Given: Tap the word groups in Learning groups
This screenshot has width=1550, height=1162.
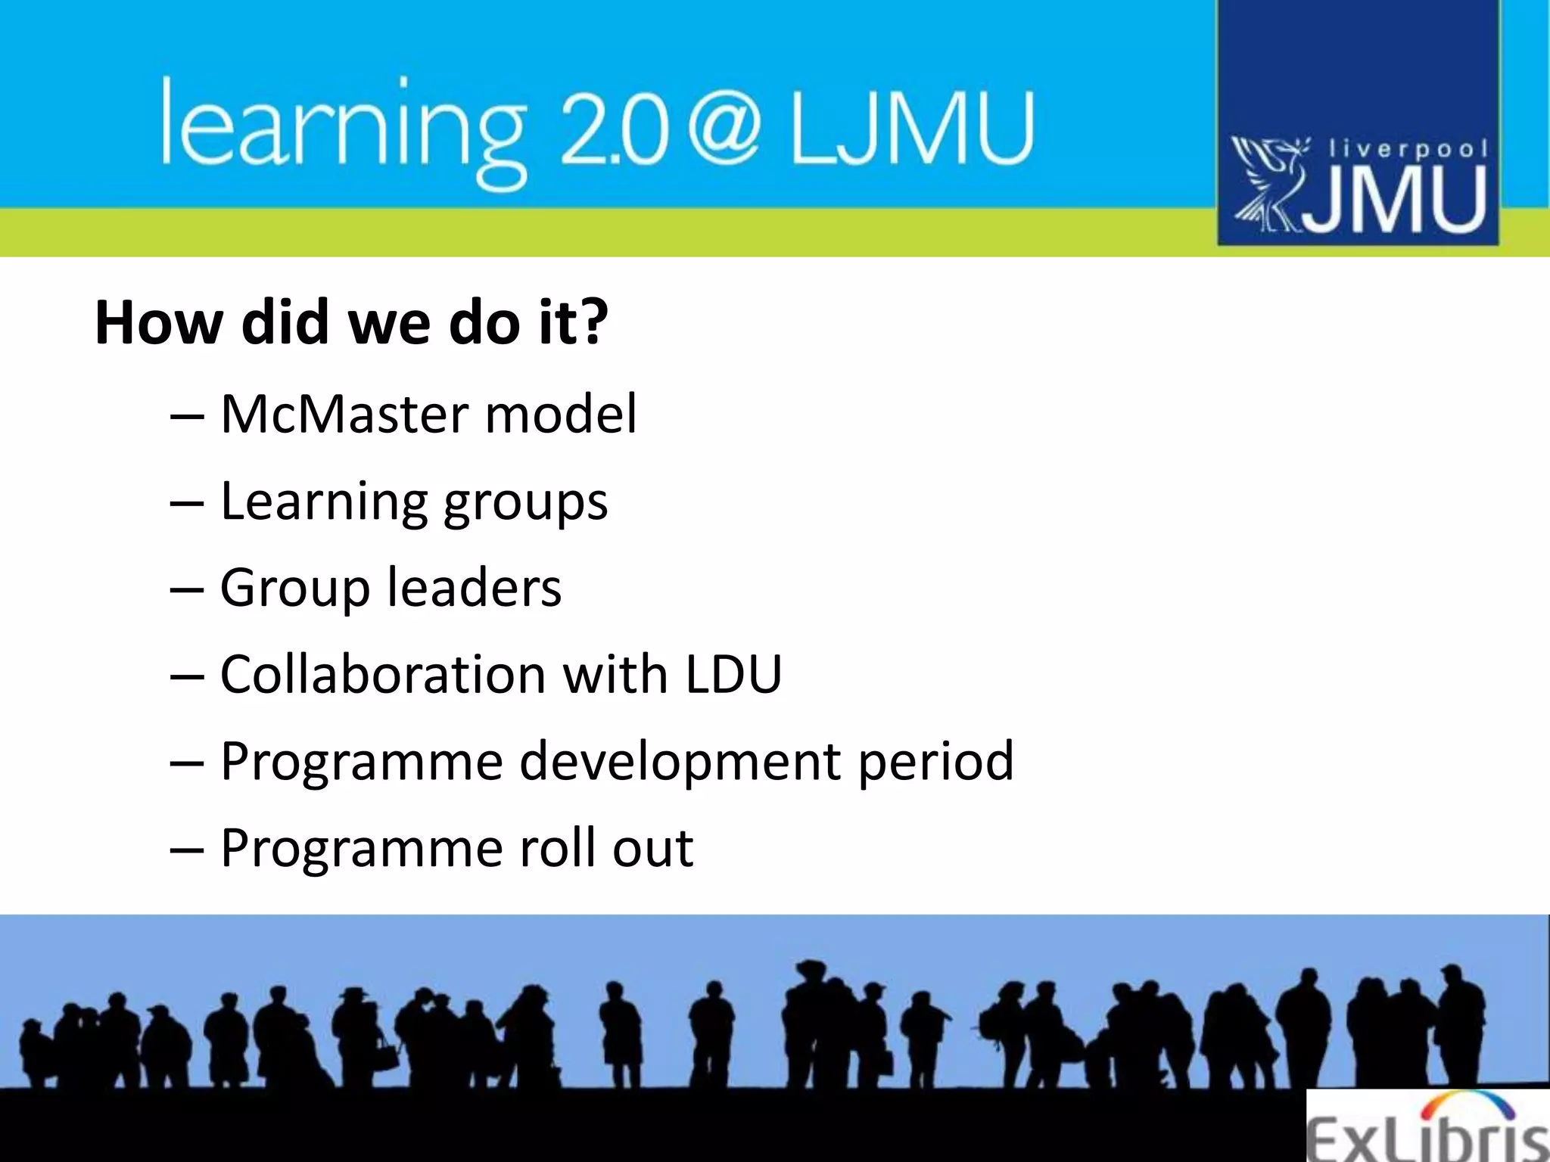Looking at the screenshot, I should (525, 503).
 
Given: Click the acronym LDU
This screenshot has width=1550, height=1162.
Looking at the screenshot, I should (733, 674).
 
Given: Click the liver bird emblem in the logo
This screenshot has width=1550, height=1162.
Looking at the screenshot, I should (1269, 184).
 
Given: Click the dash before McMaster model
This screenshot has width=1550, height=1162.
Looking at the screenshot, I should (187, 416).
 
